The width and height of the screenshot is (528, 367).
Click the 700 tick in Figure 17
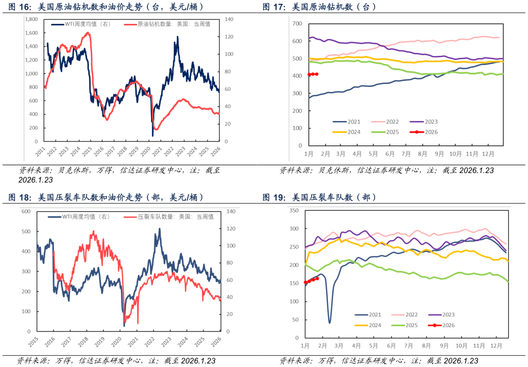click(297, 23)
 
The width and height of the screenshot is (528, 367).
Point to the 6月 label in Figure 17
click(390, 154)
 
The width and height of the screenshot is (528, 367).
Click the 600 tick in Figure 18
click(26, 211)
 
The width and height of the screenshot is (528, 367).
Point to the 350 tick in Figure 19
click(294, 210)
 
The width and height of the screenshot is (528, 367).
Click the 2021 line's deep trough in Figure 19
click(330, 322)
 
